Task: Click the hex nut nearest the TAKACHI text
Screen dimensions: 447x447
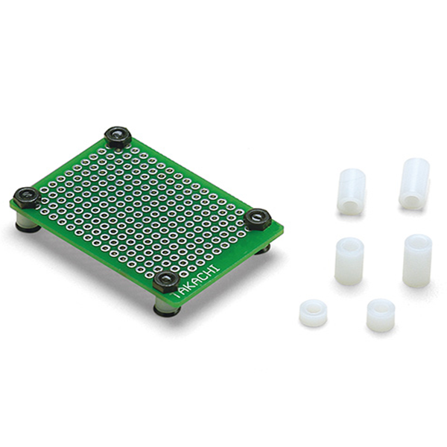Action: point(165,282)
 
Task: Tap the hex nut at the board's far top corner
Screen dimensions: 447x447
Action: point(117,136)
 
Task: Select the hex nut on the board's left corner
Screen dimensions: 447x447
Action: point(27,197)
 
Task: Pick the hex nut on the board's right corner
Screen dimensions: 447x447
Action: point(258,219)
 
